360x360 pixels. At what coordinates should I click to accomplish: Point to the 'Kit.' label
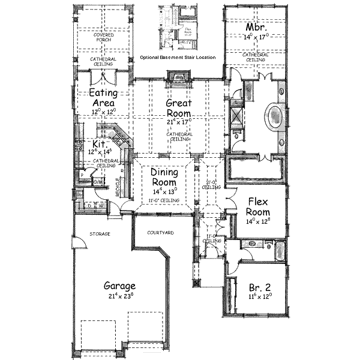(99, 145)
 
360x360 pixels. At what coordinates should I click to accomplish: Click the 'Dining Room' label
(163, 177)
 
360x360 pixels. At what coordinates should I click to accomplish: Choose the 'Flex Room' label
(257, 207)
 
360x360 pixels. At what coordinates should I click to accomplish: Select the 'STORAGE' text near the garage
(100, 233)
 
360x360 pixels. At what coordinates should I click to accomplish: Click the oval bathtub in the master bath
(274, 115)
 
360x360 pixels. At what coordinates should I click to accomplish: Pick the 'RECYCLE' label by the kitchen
(118, 188)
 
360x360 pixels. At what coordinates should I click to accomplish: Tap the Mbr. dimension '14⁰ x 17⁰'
(255, 37)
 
